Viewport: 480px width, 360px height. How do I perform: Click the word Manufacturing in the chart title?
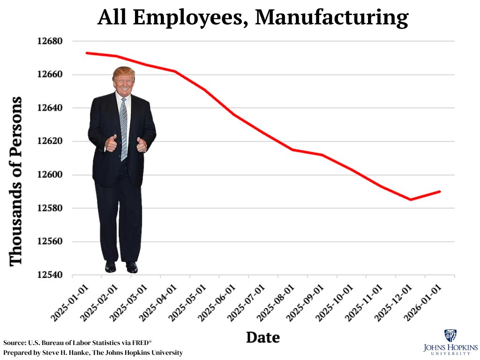332,18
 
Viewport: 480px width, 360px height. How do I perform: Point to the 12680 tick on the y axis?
50,41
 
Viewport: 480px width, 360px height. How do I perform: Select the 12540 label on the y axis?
50,275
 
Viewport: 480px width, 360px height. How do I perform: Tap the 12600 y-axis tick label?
50,175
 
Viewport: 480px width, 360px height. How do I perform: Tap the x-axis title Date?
263,337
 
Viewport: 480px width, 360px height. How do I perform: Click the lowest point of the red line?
411,200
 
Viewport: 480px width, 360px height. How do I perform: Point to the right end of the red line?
440,191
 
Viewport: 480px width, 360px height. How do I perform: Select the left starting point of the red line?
87,53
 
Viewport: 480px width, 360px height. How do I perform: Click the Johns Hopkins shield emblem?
450,336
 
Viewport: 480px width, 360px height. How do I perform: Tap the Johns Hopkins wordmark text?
450,349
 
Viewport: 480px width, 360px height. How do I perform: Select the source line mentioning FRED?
77,342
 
